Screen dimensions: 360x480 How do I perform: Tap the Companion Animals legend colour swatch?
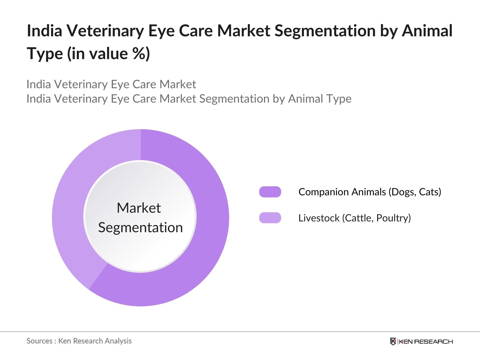270,192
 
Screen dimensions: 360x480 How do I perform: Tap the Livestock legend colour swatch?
270,218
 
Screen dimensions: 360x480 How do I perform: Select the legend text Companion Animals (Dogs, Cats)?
370,192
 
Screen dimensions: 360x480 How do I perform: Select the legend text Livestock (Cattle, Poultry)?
354,218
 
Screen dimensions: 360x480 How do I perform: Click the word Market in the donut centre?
139,208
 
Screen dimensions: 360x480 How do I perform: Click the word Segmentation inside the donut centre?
140,227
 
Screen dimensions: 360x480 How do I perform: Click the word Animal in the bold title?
427,31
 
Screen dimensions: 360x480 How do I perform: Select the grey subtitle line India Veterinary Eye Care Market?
111,84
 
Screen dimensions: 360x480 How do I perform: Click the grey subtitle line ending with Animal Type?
189,99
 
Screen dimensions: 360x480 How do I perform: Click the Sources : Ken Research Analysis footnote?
79,341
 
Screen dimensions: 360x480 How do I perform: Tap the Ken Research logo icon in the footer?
393,341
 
